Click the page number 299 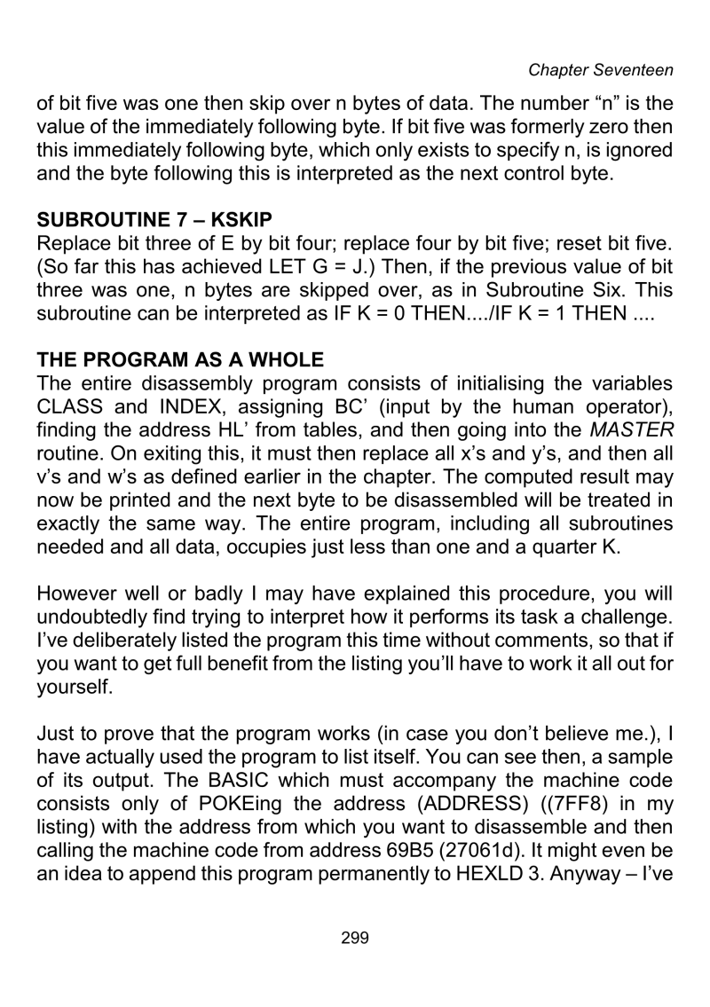(x=354, y=964)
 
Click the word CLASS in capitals (x=72, y=438)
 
